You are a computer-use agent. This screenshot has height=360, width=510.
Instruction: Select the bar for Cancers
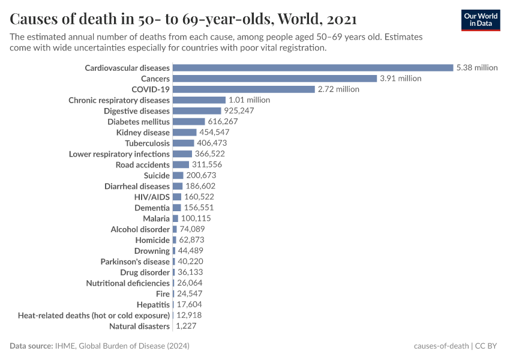(x=274, y=79)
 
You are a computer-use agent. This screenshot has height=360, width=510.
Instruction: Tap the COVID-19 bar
(x=244, y=89)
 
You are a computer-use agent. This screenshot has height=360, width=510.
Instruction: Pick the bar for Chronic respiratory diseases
(x=199, y=100)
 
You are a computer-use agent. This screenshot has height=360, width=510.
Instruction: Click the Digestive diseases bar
(x=197, y=111)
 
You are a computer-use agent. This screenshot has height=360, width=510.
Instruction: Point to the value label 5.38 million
(x=477, y=68)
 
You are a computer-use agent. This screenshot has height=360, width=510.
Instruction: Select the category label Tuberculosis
(x=147, y=143)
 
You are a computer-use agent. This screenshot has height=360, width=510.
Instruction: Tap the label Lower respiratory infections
(x=119, y=154)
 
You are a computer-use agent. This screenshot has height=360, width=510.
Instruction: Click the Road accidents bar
(x=181, y=164)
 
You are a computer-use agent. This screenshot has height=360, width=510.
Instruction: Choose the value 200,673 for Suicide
(x=201, y=175)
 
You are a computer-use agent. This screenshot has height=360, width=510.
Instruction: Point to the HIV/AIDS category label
(x=152, y=197)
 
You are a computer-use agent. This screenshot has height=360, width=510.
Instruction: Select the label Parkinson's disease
(x=135, y=262)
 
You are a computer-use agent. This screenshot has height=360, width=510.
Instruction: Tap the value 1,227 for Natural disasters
(x=185, y=326)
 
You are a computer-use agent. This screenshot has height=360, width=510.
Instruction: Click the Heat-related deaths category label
(x=94, y=316)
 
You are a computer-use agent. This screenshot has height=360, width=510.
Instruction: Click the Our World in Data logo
(x=480, y=20)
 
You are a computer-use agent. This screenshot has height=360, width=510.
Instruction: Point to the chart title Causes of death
(x=183, y=19)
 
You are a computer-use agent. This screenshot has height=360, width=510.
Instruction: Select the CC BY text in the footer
(x=488, y=346)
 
